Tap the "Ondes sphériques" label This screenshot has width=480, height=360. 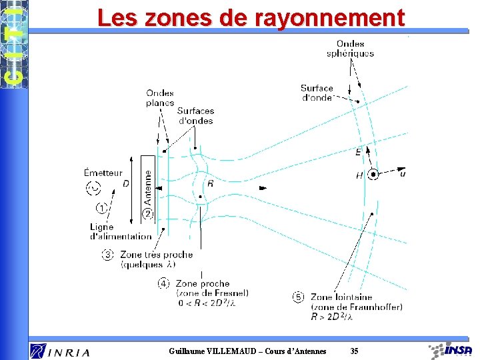[350, 49]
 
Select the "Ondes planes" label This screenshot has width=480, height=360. [160, 98]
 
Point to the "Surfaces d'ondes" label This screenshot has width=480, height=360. [196, 116]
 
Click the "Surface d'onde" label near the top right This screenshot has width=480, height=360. [317, 93]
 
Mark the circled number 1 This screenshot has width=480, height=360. [101, 209]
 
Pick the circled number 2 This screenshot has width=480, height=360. [147, 214]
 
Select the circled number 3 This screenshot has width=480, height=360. [107, 255]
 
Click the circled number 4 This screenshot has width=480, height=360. [163, 283]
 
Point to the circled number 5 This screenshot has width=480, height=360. [298, 297]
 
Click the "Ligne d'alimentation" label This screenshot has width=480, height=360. [121, 231]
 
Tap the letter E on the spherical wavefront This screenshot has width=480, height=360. [359, 152]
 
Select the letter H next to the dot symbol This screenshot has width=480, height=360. [359, 175]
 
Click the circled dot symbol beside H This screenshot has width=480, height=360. [374, 175]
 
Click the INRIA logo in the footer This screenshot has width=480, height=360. [59, 351]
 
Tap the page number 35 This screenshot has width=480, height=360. [354, 351]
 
